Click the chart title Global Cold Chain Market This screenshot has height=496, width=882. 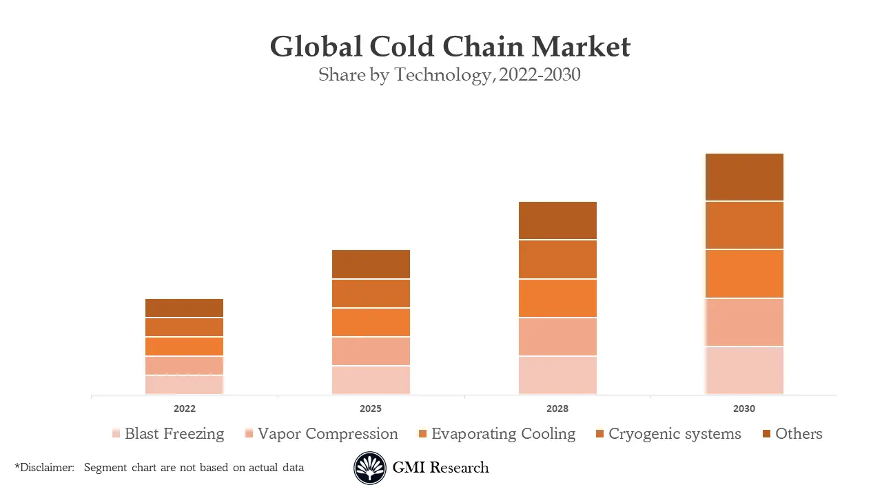pos(449,47)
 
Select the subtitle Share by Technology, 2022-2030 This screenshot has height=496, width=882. pos(449,75)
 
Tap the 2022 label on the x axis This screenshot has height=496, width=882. pos(184,409)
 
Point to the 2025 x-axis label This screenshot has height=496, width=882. pos(371,409)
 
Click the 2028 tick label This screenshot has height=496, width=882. pos(557,409)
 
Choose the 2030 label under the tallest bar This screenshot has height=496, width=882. pos(744,409)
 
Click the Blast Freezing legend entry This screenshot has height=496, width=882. pos(174,434)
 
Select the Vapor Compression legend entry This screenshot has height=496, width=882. pos(327,434)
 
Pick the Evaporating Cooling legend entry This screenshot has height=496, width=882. pos(503,434)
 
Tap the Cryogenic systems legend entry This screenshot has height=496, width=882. pos(674,434)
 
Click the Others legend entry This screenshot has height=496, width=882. pos(798,434)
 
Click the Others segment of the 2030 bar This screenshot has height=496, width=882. pos(744,177)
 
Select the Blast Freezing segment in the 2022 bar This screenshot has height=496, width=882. pos(184,384)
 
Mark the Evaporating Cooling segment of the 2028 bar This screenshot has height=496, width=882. pos(557,298)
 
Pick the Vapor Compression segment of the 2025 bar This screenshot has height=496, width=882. pos(371,351)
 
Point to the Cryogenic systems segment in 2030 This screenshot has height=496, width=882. pos(744,225)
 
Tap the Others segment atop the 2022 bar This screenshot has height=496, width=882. pos(184,308)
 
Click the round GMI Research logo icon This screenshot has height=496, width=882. pos(370,468)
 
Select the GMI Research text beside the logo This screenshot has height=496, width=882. pos(440,468)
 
